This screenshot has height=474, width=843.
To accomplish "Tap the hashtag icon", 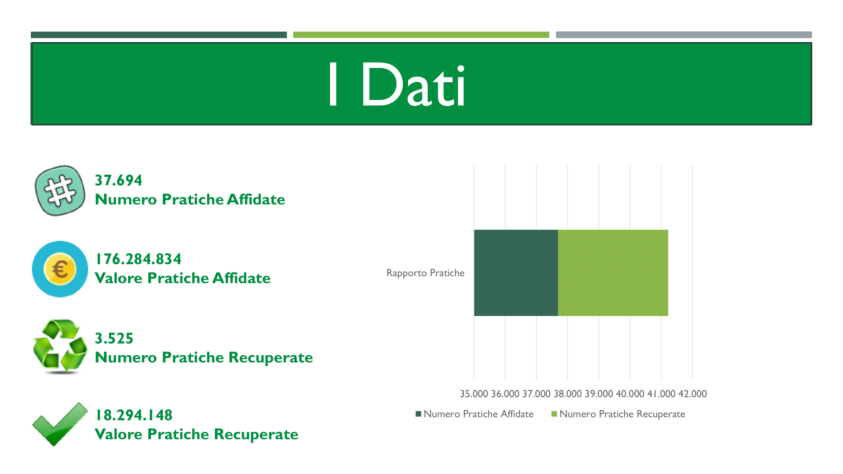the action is pos(60,190).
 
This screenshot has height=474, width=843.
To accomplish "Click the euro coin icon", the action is pos(60,269).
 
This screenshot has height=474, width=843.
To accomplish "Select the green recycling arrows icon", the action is pos(60,347).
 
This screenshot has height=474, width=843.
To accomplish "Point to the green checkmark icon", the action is pos(60,424).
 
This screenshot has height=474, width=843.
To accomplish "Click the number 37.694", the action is pos(119,180).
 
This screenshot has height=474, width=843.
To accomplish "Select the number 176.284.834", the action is pos(138,259).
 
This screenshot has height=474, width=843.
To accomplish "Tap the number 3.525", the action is pos(114,338).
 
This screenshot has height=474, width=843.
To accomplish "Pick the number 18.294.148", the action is pos(134,415).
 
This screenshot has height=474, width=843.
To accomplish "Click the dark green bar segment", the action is pos(516,273).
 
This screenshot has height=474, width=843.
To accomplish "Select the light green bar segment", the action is pos(613,273).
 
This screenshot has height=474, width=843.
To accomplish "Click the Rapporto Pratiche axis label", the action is pos(425,273).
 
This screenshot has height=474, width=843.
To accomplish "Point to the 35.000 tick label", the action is pos(474,393).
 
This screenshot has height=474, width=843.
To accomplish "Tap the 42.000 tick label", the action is pos(693,393).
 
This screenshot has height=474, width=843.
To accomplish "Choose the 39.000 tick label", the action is pos(599,393).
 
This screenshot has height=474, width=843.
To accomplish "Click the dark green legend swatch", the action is pos(418,414).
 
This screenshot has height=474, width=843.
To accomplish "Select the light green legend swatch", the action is pos(554,414).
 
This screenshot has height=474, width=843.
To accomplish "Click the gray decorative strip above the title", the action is pos(684,35).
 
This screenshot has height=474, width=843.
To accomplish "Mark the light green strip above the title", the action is pos(421,35).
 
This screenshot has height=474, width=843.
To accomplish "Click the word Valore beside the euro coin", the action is pos(119,278).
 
